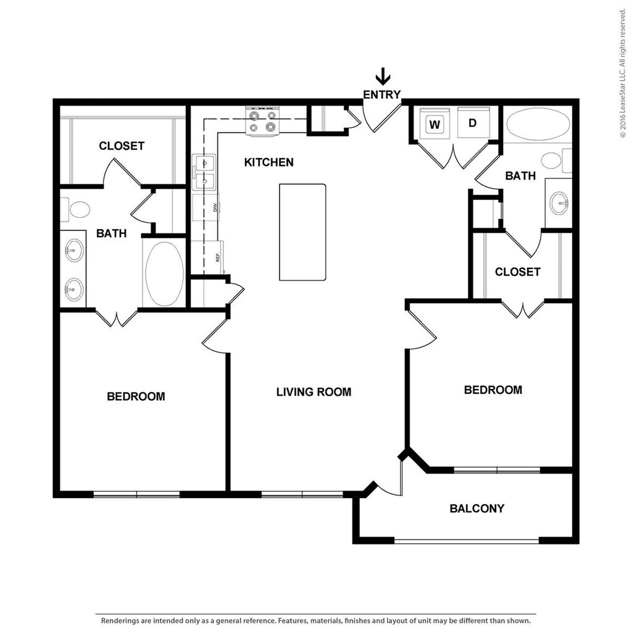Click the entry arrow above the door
[383, 76]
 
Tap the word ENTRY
[381, 94]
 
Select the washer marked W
[434, 122]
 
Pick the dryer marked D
[473, 122]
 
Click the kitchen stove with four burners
[262, 122]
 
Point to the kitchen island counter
[302, 232]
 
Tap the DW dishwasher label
[215, 207]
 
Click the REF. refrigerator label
[218, 257]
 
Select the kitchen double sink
[204, 172]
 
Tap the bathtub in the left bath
[164, 273]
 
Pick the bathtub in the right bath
[538, 124]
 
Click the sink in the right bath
[559, 203]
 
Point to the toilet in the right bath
[556, 160]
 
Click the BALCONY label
[477, 509]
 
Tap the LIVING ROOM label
[314, 392]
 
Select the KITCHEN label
[269, 162]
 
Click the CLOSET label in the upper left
[122, 146]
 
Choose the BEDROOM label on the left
[136, 396]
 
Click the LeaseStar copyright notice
[623, 73]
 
